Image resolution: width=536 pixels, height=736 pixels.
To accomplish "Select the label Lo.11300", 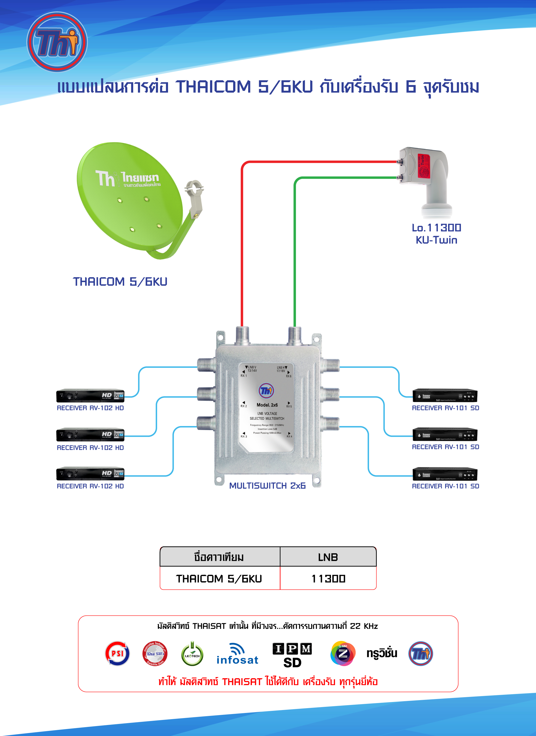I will pos(436,228).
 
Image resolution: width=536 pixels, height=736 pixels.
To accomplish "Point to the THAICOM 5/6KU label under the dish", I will pos(120,282).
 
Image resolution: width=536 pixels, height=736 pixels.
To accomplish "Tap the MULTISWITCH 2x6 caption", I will pos(267,486).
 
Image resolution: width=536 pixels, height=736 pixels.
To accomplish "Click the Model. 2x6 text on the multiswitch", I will pos(267,405).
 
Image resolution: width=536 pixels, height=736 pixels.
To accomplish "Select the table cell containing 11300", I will pos(328,579).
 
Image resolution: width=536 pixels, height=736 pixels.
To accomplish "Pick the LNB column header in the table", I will pos(328,557).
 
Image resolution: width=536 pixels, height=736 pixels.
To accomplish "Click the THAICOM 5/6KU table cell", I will pos(219,579).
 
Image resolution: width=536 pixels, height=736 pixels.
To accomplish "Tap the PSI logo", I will pos(117,653).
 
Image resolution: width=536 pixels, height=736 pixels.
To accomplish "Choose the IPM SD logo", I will pos(292,655).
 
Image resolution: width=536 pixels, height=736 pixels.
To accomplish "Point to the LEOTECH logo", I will pos(192,654).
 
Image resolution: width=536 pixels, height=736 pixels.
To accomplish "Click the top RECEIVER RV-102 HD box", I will pos(90,396).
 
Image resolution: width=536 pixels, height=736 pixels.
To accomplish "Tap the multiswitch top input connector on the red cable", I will pos(242,335).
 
